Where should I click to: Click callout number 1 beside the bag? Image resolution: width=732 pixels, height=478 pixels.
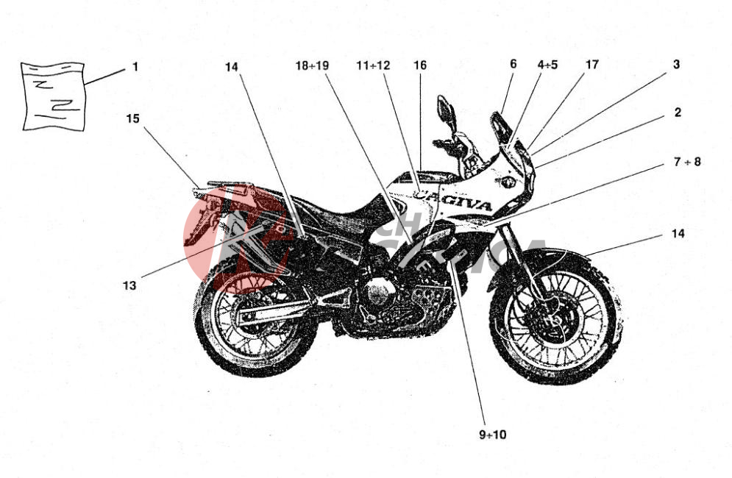click(135, 67)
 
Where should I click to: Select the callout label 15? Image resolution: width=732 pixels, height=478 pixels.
click(132, 118)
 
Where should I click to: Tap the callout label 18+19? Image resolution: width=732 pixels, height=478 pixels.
click(312, 65)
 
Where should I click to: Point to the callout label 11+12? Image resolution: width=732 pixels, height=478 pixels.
click(373, 65)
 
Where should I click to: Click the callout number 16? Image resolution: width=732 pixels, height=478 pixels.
click(419, 65)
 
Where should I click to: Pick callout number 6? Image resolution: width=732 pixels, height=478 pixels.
click(513, 64)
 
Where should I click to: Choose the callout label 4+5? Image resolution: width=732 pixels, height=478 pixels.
click(547, 65)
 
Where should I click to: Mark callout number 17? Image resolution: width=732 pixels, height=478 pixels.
click(591, 64)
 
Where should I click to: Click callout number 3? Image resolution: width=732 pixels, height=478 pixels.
click(676, 64)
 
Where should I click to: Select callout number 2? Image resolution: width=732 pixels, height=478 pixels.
click(678, 113)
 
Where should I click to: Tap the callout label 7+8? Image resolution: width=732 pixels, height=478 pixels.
click(687, 162)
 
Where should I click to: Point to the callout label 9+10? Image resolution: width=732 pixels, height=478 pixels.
click(492, 435)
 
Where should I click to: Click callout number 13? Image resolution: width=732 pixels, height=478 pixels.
click(129, 285)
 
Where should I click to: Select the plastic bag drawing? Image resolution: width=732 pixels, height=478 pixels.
click(52, 96)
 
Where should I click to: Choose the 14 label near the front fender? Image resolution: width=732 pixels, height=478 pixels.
click(678, 234)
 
